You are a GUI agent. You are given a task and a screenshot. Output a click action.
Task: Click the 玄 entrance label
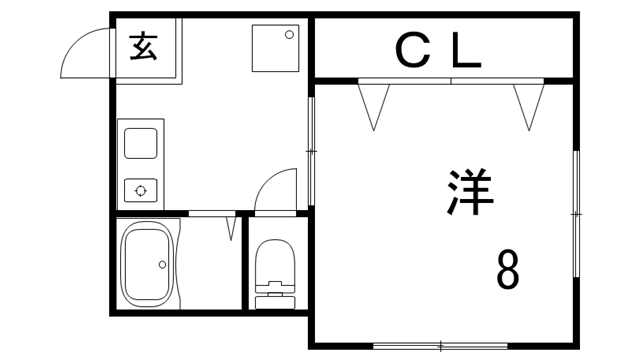pos(144,47)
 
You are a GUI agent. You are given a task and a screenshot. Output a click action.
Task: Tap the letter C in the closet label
pos(410,51)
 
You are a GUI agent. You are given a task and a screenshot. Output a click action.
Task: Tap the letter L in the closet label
pos(465,51)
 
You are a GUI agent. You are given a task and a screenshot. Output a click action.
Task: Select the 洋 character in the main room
pos(470,193)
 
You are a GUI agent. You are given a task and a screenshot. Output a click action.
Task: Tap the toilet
pos(275,270)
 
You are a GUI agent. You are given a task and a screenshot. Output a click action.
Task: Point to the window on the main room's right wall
pos(576,213)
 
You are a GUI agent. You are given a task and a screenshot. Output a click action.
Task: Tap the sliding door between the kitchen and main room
pos(311,150)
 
